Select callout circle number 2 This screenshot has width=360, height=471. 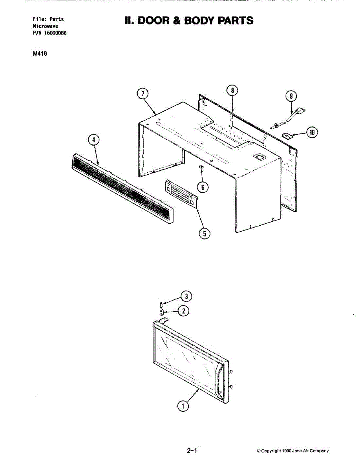[x=183, y=311]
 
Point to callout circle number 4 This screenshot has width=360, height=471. [x=93, y=140]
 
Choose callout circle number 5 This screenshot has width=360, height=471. [x=205, y=234]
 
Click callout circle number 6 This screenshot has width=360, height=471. [x=203, y=187]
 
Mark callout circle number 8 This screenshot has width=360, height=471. [x=232, y=90]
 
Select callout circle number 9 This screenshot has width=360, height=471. [x=291, y=96]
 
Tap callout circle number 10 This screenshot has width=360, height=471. [x=312, y=133]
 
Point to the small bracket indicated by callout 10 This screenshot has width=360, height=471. [x=289, y=135]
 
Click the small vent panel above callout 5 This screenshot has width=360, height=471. [x=181, y=193]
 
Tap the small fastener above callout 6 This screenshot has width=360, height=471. [x=201, y=167]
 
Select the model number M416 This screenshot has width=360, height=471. [x=40, y=54]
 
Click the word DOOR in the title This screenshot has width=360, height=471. [x=151, y=20]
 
